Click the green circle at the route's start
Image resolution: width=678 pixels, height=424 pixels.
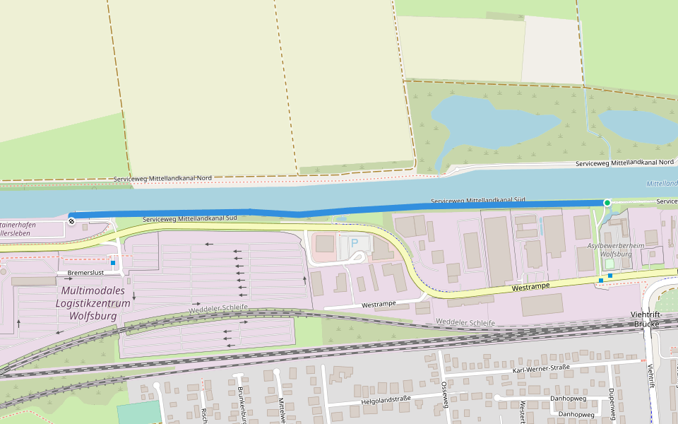coord(607,203)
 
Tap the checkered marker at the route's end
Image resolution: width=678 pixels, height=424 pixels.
coord(71,221)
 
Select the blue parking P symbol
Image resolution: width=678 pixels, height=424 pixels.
coord(355,243)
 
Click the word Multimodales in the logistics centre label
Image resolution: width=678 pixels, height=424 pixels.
coord(93,291)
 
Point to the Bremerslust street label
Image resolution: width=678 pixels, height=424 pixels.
coord(85,272)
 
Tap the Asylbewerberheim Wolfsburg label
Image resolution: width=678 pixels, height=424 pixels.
coord(615,249)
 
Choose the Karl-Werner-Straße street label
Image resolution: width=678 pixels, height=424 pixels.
coord(541,368)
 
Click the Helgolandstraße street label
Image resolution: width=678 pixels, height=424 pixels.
coord(386,399)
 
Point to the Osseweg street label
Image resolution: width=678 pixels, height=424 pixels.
coord(445,394)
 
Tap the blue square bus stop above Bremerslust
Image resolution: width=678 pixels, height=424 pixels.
coord(113,263)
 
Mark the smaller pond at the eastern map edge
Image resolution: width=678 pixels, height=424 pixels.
coord(636,125)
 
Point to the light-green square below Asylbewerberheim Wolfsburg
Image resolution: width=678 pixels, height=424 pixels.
coord(609,264)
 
